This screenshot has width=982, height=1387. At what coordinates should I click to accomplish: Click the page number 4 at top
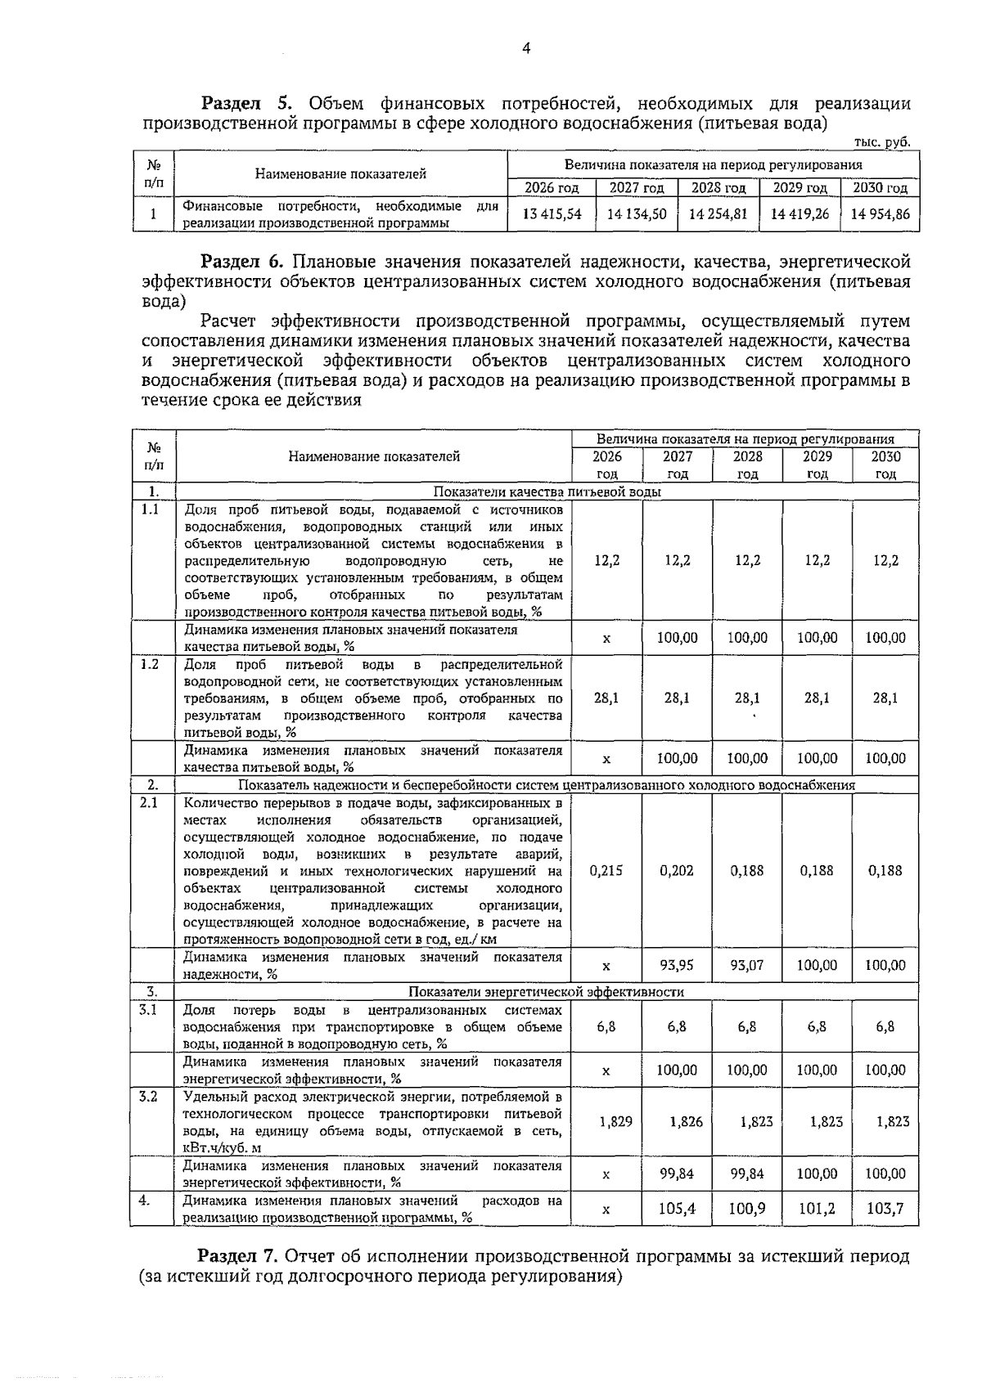[x=526, y=49]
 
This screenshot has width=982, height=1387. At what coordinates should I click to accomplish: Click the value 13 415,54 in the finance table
[x=552, y=214]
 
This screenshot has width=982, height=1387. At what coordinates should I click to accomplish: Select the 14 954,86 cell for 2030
[x=880, y=214]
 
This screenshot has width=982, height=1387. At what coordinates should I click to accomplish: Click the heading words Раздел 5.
[x=246, y=104]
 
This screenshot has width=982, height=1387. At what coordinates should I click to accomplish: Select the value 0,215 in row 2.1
[x=606, y=870]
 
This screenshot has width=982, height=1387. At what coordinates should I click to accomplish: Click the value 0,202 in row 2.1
[x=677, y=870]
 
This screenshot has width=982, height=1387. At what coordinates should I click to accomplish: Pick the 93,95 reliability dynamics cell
[x=677, y=965]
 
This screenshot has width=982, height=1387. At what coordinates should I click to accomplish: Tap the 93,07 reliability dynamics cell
[x=746, y=965]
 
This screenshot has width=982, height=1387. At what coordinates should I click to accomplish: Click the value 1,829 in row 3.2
[x=615, y=1122]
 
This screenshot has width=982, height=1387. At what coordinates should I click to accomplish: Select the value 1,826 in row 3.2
[x=686, y=1122]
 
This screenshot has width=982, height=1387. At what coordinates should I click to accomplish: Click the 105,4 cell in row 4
[x=678, y=1208]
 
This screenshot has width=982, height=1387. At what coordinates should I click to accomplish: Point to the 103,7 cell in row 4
[x=885, y=1208]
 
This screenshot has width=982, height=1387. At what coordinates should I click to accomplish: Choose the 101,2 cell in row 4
[x=817, y=1208]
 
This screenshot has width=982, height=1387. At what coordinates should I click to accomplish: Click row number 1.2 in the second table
[x=150, y=664]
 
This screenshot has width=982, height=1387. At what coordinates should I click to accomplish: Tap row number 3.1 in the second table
[x=148, y=1009]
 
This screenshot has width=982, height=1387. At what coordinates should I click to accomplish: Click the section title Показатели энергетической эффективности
[x=546, y=992]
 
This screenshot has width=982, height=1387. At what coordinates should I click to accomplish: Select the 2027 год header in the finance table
[x=637, y=188]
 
